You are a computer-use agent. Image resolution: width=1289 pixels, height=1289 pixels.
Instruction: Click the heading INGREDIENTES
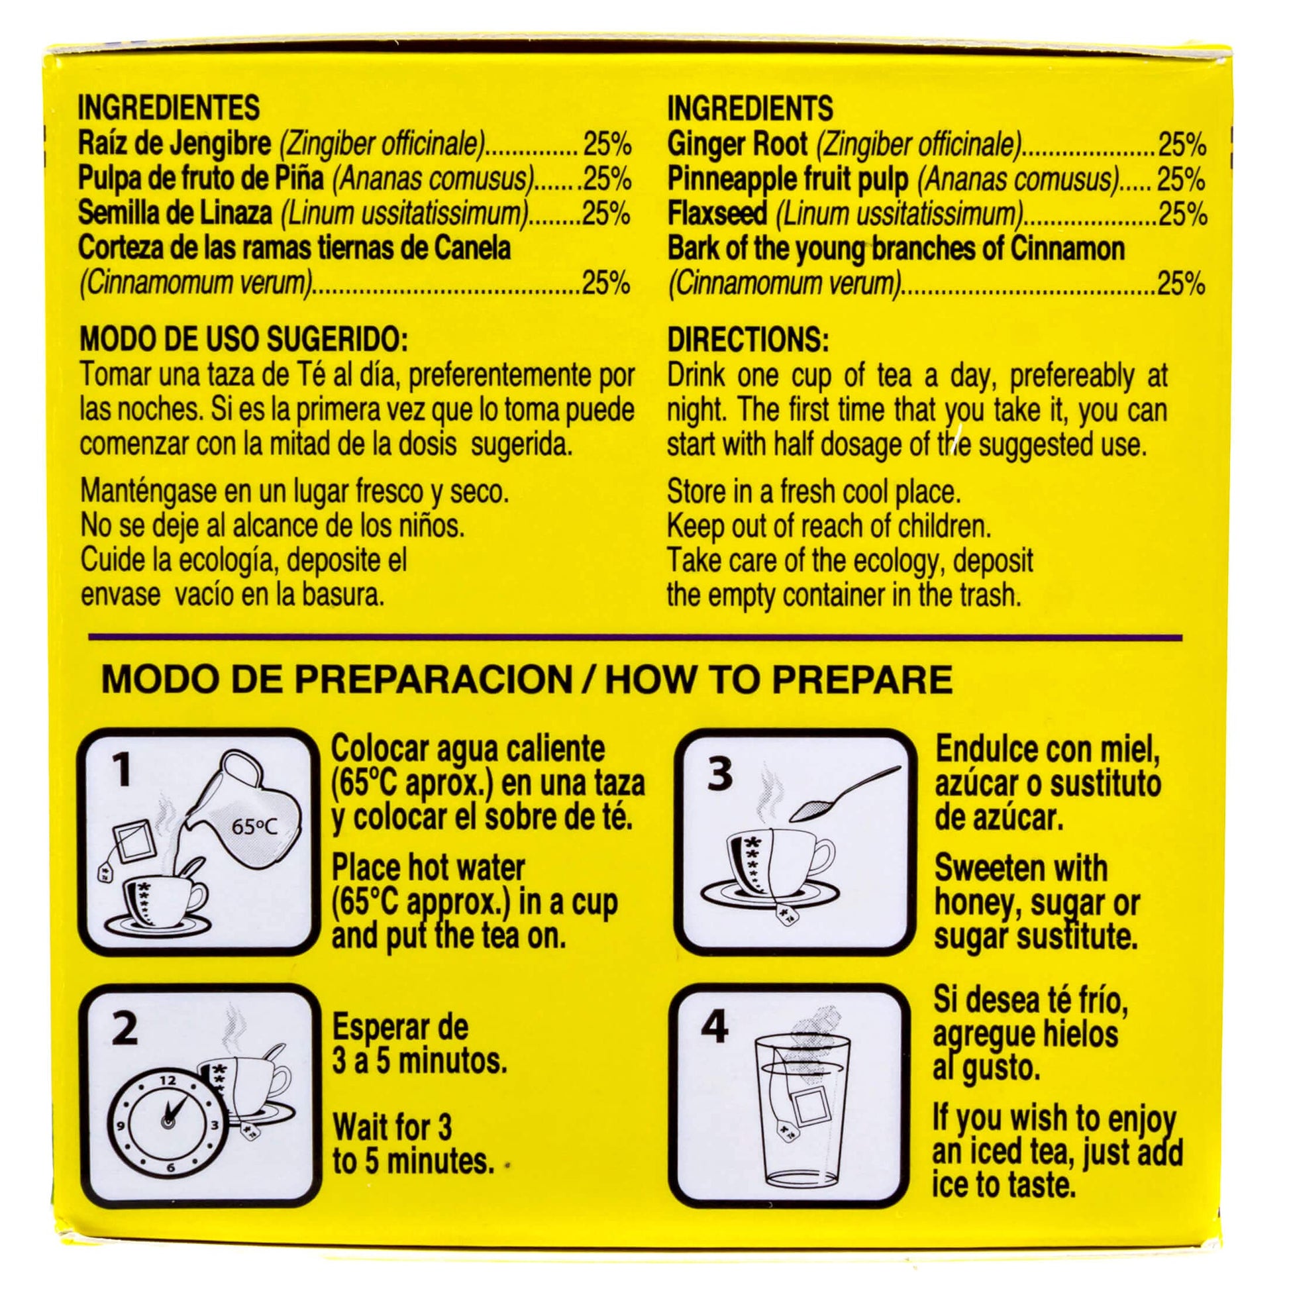(x=169, y=108)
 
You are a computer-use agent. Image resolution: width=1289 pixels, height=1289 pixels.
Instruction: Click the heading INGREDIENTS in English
(x=750, y=108)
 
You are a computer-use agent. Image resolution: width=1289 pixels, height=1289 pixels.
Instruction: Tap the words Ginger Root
(x=737, y=145)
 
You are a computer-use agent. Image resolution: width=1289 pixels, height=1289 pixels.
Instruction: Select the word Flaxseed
(x=718, y=214)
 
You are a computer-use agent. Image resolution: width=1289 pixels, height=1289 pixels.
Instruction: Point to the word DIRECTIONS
(x=747, y=340)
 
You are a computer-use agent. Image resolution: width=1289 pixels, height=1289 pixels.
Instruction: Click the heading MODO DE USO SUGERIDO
(x=244, y=340)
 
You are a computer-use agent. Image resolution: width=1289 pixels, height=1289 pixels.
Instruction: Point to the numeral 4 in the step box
(x=715, y=1028)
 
